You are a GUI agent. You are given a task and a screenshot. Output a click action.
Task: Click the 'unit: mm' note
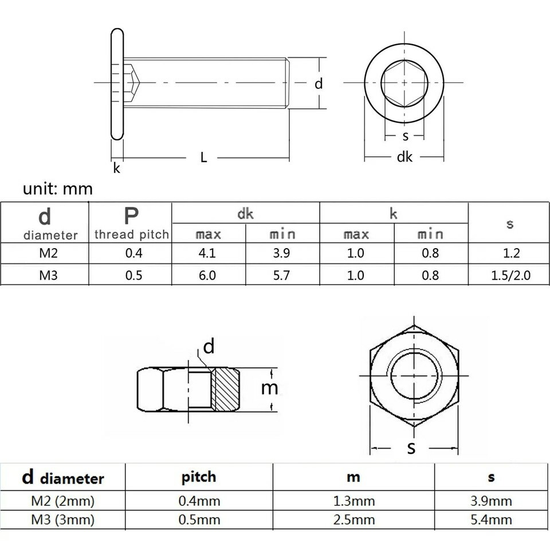[58, 188]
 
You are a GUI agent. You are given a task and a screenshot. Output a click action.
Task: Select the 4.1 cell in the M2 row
[207, 253]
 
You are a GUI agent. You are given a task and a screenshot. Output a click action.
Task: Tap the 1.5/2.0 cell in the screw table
[510, 276]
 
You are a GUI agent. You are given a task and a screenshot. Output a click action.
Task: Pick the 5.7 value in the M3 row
[281, 276]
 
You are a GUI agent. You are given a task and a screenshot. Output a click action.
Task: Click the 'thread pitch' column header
[132, 234]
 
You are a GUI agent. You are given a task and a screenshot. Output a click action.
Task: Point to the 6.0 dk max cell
[207, 276]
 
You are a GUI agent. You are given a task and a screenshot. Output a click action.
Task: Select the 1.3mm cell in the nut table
[354, 501]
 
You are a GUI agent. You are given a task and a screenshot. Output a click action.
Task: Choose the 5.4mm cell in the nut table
[491, 520]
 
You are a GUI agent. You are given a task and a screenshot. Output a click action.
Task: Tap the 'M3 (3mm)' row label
[63, 520]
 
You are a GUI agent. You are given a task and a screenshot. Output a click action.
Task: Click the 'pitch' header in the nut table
[199, 477]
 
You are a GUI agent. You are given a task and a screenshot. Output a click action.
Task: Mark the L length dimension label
[203, 158]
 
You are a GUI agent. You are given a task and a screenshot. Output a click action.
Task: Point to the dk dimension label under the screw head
[404, 157]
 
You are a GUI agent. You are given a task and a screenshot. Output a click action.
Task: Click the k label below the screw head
[116, 168]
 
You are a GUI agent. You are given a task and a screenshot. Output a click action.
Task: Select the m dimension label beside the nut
[269, 388]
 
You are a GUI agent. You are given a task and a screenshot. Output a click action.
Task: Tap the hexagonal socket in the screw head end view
[404, 83]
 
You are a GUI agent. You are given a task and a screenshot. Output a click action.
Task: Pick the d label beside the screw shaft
[318, 84]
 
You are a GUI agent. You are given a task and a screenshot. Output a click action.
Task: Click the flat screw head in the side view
[117, 84]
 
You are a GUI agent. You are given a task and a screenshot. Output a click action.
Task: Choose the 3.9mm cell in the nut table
[491, 501]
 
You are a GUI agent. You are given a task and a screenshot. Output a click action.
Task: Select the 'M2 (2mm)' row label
[63, 501]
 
